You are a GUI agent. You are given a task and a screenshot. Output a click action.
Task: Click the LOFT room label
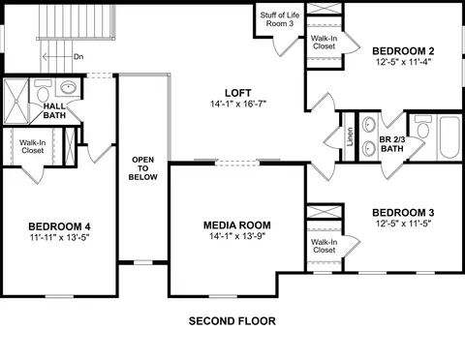coord(238,93)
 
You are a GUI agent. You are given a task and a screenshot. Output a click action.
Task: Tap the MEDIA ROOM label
coord(237,225)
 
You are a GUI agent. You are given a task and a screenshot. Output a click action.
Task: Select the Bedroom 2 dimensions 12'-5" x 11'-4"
coord(403,62)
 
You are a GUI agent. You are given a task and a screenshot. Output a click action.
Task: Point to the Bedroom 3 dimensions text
coord(403,224)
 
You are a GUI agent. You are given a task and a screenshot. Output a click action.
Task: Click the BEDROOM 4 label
coord(59,226)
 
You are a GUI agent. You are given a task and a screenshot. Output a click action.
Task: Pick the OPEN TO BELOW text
coord(143,168)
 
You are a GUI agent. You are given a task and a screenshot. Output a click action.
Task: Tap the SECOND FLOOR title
coord(232,321)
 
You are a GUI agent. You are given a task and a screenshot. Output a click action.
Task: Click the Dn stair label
coord(78,57)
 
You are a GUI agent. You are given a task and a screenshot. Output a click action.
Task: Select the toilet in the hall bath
coord(43,91)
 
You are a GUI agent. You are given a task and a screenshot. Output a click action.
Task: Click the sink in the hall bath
coord(68,87)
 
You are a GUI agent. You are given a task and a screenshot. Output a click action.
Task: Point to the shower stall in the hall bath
coord(16,101)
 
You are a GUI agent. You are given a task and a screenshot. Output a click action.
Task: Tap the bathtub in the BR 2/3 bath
coord(449,137)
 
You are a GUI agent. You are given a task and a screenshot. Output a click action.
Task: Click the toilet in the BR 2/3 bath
coord(423,127)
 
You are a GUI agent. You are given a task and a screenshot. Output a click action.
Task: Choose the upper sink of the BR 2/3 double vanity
coord(368,124)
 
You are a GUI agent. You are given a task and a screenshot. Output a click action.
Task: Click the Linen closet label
coord(350,137)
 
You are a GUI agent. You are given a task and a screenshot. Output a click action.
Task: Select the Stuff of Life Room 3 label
coord(280,19)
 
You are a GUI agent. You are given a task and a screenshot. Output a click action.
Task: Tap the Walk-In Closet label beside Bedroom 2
coord(324,43)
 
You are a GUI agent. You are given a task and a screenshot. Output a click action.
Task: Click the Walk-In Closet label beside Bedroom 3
coord(324,246)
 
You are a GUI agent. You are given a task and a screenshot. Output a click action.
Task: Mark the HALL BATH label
coord(54,110)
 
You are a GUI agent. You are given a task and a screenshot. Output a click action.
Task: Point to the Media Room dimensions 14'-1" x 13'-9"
coord(237,236)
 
